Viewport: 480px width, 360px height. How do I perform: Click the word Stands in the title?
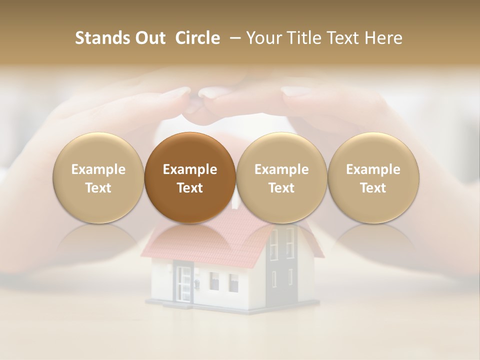tap(102, 38)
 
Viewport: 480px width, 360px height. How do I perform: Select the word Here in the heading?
tap(384, 38)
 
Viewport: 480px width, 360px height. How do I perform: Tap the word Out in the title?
tap(150, 38)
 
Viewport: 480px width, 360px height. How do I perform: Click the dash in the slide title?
tap(233, 38)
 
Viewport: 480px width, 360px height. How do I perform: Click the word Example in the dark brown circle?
tap(190, 169)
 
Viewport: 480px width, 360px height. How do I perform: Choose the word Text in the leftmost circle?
tap(98, 188)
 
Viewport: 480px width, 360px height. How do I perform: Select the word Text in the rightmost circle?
tap(373, 188)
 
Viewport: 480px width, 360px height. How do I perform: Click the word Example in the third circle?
tap(281, 169)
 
